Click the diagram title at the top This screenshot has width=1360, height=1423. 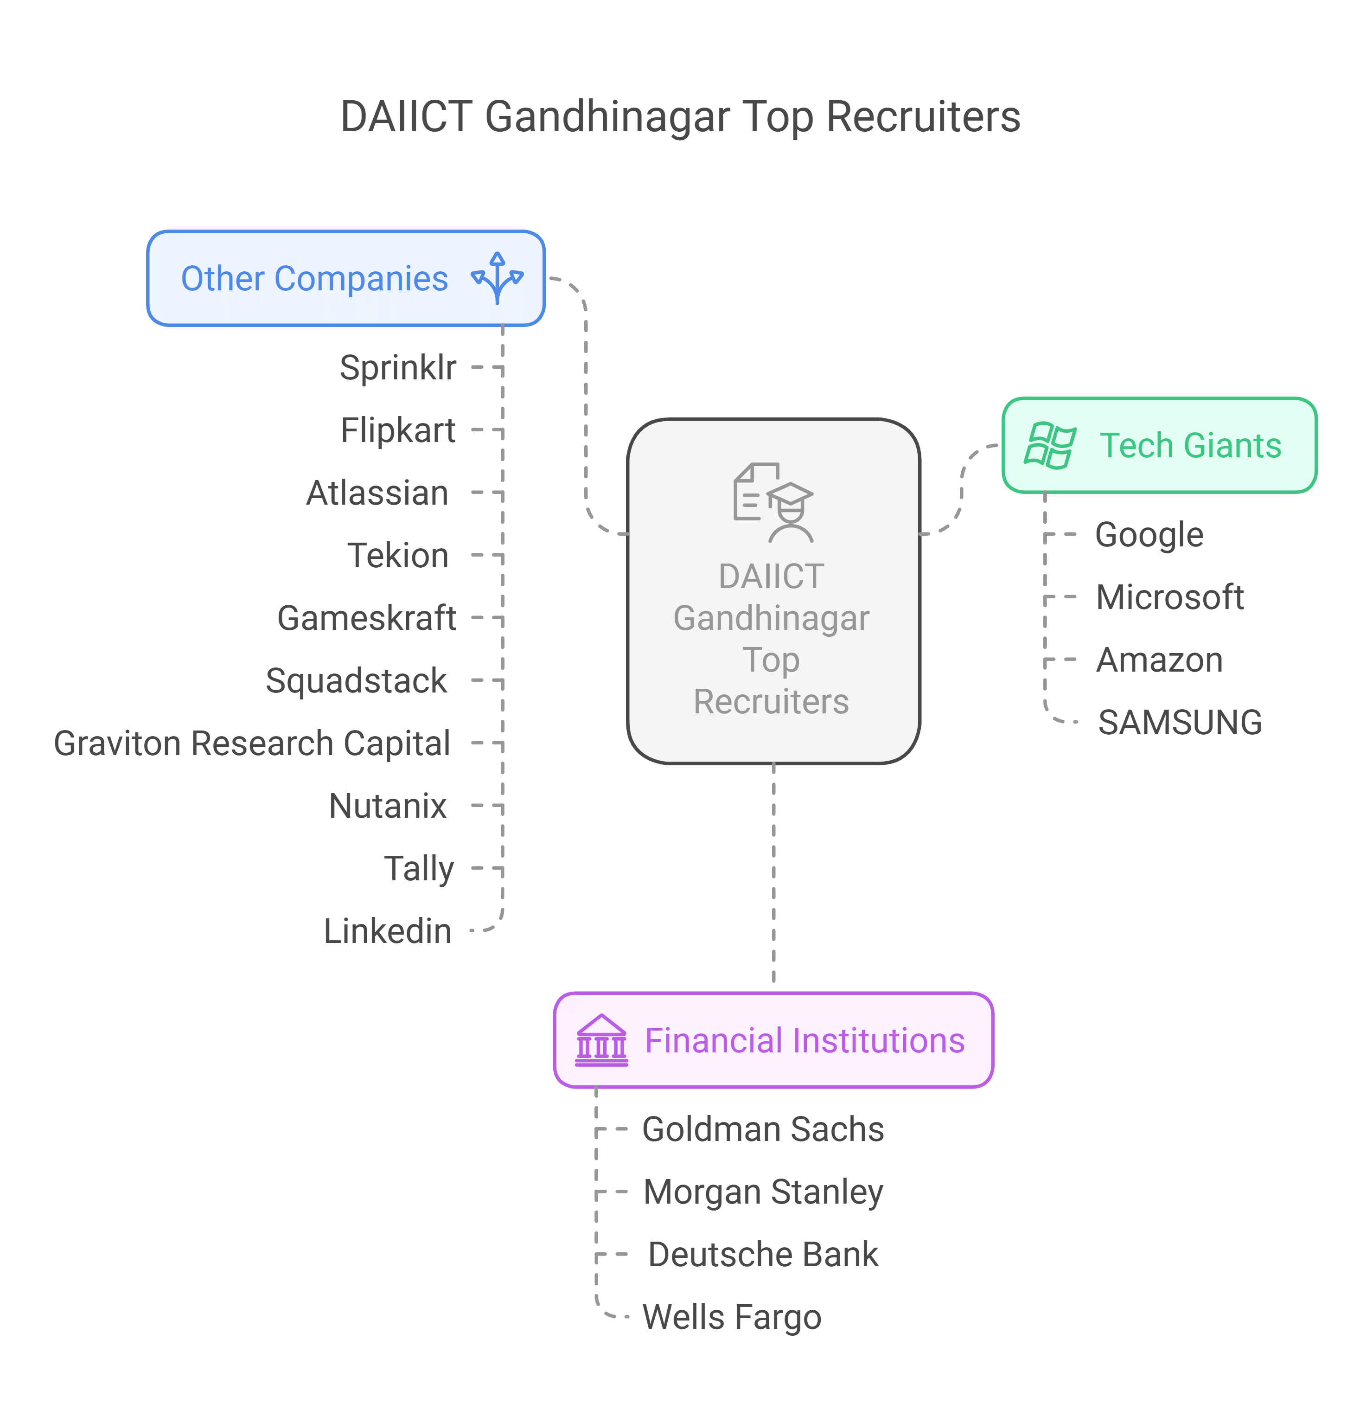pos(680,117)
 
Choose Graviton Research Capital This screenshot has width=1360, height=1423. pos(252,744)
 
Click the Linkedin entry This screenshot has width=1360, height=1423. pos(387,931)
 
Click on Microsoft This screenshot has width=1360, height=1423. pos(1169,597)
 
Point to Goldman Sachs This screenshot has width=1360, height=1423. pos(763,1130)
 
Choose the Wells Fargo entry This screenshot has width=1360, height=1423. pos(732,1317)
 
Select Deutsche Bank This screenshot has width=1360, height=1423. pos(763,1255)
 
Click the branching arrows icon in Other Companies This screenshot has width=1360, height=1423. pos(498,278)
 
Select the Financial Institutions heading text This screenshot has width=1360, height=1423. pos(805,1041)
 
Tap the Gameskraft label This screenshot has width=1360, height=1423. pos(366,619)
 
